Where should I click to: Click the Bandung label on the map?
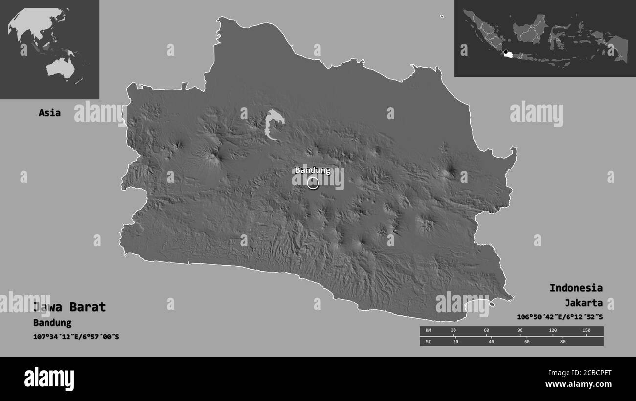tap(313, 170)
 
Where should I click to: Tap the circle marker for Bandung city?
tap(313, 183)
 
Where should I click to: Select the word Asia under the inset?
tap(50, 113)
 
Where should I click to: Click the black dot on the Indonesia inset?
tap(505, 52)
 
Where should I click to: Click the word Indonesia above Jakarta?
tap(576, 288)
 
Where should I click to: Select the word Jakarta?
tap(583, 303)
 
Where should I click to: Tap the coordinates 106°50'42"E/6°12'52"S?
tap(560, 317)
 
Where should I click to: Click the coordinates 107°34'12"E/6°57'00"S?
tap(76, 337)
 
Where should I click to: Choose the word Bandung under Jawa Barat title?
tap(52, 323)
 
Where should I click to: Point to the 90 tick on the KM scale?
tap(520, 331)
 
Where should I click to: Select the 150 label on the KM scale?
tap(586, 331)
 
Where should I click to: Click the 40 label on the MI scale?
tap(491, 341)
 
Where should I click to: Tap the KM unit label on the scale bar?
tap(429, 331)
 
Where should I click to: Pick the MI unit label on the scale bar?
tap(429, 341)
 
